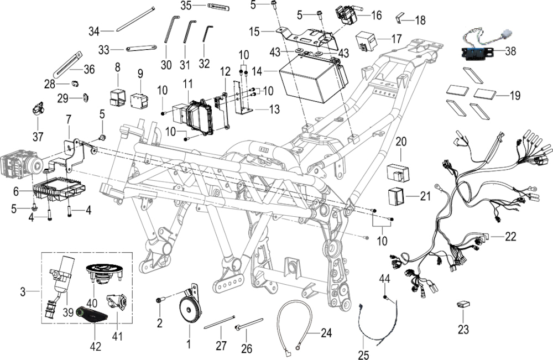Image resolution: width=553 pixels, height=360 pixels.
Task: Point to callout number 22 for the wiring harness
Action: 510,237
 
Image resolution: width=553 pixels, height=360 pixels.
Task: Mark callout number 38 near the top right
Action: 510,51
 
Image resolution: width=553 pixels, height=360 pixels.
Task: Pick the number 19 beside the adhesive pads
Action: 515,96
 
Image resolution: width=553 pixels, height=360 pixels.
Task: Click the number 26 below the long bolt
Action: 247,349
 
